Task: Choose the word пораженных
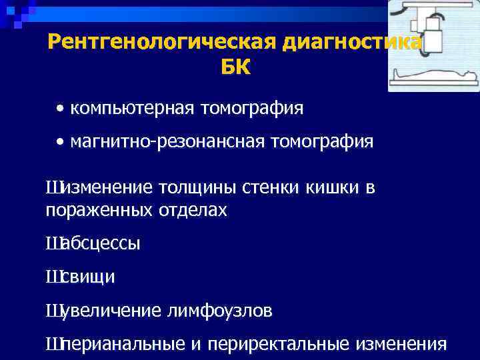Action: pyautogui.click(x=99, y=211)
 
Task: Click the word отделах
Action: pyautogui.click(x=193, y=211)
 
